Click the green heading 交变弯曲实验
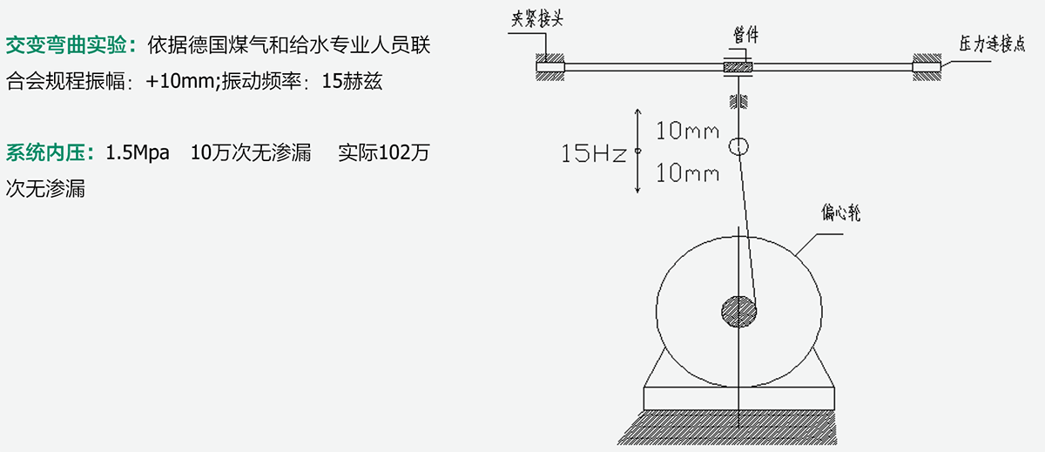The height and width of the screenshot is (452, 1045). point(66,45)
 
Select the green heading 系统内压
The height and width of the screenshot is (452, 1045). point(45,153)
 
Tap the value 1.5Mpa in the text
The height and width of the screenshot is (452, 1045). point(138,153)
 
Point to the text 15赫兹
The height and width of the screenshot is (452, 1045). point(352,81)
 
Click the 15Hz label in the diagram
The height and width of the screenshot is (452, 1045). point(593,153)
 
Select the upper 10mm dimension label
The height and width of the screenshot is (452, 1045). point(687,131)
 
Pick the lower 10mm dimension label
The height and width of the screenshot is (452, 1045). point(687,173)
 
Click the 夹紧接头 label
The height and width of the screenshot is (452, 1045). point(537,18)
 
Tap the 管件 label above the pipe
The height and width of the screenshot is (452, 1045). point(745,35)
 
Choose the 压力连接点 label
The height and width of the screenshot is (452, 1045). point(992,44)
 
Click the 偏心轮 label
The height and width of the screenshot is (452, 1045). point(840,213)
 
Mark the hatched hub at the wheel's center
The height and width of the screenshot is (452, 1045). point(739,312)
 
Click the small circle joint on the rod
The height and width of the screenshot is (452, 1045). point(738,146)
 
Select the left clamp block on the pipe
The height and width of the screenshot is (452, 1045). point(550,67)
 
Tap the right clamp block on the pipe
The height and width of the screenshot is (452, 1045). point(927,67)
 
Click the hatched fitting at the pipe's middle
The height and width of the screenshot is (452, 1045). point(738,68)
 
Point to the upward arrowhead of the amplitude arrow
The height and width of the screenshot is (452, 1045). point(637,112)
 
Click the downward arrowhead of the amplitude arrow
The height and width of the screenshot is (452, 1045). point(637,189)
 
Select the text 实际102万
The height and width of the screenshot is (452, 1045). point(383,153)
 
